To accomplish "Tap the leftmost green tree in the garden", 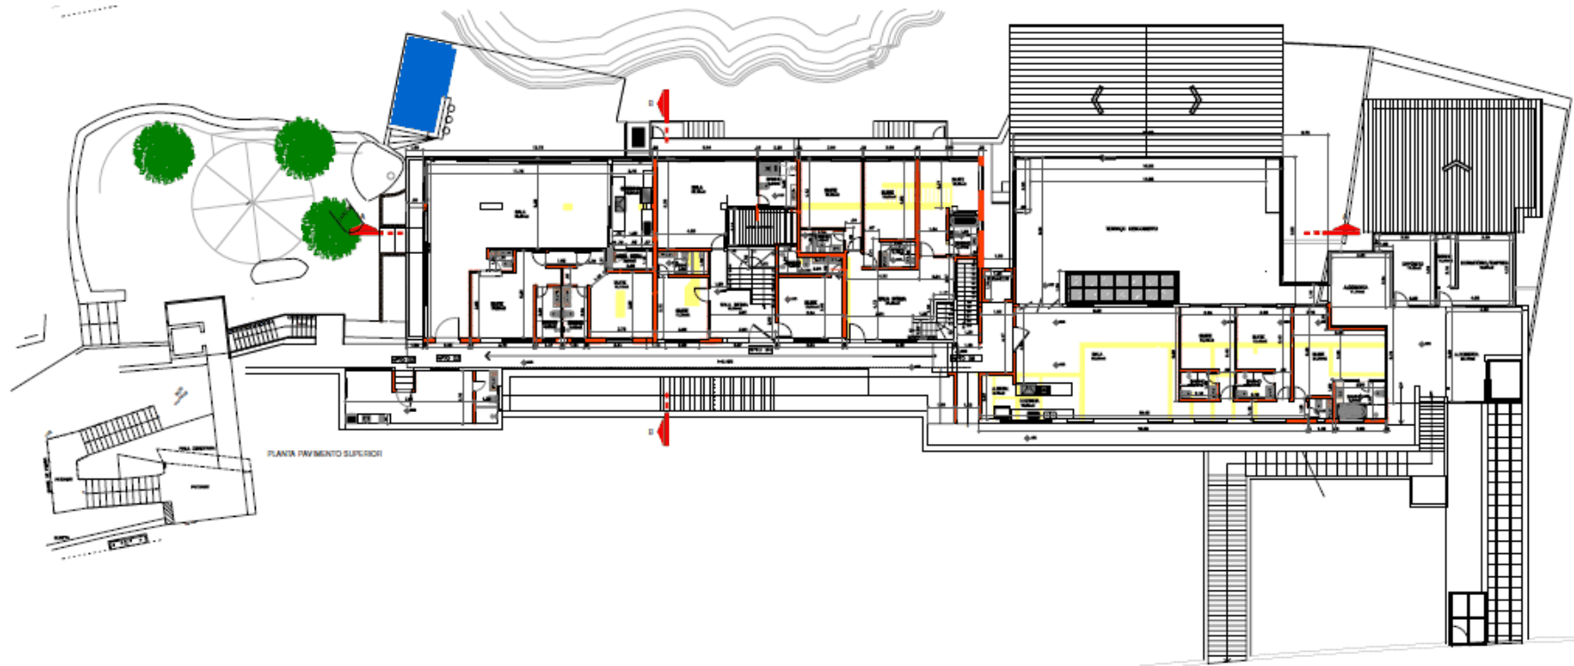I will pos(163,153).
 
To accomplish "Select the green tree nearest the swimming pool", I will pos(305,148).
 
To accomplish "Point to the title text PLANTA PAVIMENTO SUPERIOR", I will pos(325,454).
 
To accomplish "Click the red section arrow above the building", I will pos(663,105).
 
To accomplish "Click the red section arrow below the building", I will pos(663,431).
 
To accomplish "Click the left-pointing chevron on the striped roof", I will pos(1099,99).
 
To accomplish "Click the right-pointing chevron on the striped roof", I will pos(1195,99).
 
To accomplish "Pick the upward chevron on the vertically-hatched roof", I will pos(1454,167).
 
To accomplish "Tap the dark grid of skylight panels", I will pos(1122,286).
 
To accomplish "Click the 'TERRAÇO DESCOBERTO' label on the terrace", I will pos(1131,229).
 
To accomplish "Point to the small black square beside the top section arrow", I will pos(638,136).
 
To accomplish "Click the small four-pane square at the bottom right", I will pos(1467,617).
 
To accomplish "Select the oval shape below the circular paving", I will pos(274,270).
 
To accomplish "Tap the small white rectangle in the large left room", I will pos(491,206).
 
